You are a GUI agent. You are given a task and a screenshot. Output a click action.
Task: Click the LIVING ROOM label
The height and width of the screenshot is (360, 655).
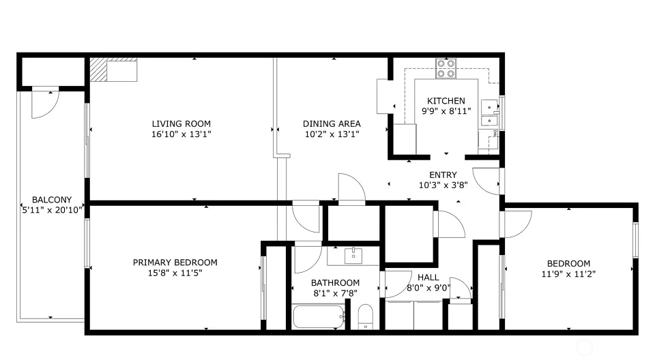tap(181, 123)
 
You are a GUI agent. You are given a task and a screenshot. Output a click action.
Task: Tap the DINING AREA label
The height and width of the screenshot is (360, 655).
tap(332, 123)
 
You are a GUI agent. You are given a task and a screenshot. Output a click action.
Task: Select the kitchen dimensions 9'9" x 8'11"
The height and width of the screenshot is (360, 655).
tap(446, 111)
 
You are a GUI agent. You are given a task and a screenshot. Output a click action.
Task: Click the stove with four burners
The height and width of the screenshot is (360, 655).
tap(446, 68)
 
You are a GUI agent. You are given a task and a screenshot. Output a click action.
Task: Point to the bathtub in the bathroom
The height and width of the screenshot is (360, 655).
tap(319, 317)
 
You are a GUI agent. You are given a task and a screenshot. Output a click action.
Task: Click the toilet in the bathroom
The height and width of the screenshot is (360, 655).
tap(366, 317)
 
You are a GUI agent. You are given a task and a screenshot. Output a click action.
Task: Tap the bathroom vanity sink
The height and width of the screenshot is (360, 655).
tap(353, 256)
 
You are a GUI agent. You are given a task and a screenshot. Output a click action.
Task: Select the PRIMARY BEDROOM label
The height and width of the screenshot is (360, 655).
tap(175, 262)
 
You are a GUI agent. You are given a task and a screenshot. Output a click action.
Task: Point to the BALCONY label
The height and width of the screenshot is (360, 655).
tap(52, 200)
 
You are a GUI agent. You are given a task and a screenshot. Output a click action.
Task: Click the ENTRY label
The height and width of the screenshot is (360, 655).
tap(443, 175)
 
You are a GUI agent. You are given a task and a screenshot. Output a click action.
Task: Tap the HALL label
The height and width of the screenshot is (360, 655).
tap(428, 277)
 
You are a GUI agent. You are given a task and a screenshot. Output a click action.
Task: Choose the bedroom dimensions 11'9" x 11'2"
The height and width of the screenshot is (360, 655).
tap(568, 274)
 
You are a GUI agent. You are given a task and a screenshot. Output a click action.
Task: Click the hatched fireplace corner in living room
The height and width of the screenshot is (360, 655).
tap(98, 70)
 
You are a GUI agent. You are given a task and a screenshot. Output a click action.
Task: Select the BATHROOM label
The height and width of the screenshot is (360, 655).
tap(336, 283)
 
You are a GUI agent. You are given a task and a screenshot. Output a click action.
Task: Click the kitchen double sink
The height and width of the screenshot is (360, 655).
tap(490, 113)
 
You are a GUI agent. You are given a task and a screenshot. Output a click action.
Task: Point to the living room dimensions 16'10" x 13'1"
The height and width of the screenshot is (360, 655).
tap(181, 134)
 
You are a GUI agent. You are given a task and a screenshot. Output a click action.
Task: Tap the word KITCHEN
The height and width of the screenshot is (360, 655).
tap(446, 101)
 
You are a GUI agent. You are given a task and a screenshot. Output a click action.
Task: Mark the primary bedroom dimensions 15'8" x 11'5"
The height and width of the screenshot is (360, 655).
tap(175, 273)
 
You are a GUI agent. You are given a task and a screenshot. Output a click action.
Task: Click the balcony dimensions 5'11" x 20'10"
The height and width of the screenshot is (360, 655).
tap(52, 210)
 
